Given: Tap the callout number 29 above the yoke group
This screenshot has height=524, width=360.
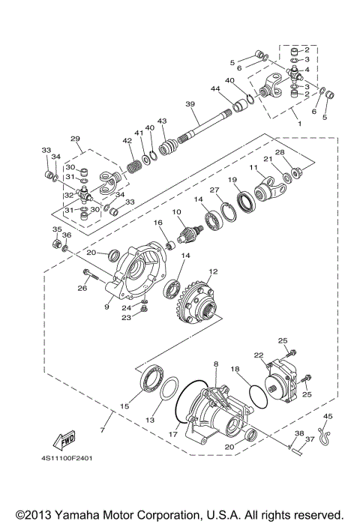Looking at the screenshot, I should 75,139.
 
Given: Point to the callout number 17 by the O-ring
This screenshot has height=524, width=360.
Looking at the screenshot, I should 173,433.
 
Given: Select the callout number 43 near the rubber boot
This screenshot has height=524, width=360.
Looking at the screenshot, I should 162,121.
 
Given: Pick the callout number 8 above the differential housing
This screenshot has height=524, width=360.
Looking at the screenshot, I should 216,364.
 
